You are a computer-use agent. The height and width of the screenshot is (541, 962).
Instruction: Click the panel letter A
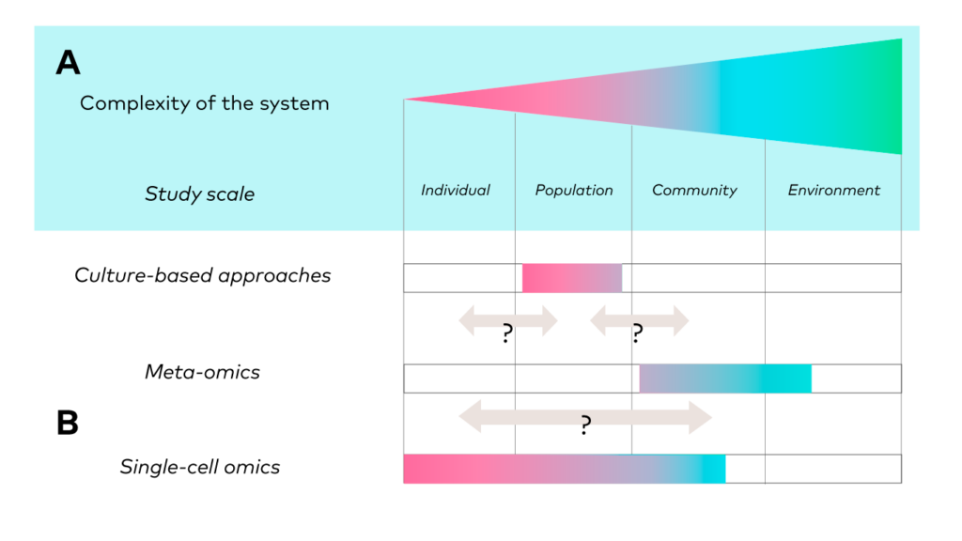[x=68, y=62]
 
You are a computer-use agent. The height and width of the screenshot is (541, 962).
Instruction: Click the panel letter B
[x=68, y=423]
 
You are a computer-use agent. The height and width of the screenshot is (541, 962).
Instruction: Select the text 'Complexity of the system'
[x=204, y=103]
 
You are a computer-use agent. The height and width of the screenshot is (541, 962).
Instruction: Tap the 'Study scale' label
[x=199, y=193]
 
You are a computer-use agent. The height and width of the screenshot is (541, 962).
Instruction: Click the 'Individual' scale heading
[x=456, y=190]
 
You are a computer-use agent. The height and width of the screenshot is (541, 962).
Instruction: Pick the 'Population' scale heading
[x=574, y=190]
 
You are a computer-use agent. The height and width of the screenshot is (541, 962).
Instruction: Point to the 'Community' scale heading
[x=694, y=190]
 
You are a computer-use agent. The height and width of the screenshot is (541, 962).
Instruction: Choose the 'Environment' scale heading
[x=834, y=190]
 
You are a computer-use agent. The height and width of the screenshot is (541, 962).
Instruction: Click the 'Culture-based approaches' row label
[x=203, y=275]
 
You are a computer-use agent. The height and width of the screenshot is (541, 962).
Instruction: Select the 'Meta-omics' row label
[x=203, y=372]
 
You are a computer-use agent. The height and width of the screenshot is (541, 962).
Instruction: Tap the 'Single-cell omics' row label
[x=200, y=467]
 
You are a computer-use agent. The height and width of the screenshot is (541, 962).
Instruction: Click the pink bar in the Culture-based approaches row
[x=572, y=278]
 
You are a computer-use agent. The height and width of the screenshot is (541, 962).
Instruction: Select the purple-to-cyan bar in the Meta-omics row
[x=725, y=379]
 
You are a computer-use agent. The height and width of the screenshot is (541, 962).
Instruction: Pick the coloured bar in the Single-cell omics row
[x=565, y=470]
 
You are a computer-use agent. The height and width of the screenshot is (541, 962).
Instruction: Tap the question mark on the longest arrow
[x=586, y=425]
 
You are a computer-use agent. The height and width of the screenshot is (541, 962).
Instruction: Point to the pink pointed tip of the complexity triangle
[x=405, y=100]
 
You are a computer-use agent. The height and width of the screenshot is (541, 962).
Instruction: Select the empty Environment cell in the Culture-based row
[x=833, y=278]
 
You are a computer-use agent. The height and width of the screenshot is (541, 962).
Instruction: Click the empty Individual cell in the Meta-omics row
[x=459, y=379]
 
